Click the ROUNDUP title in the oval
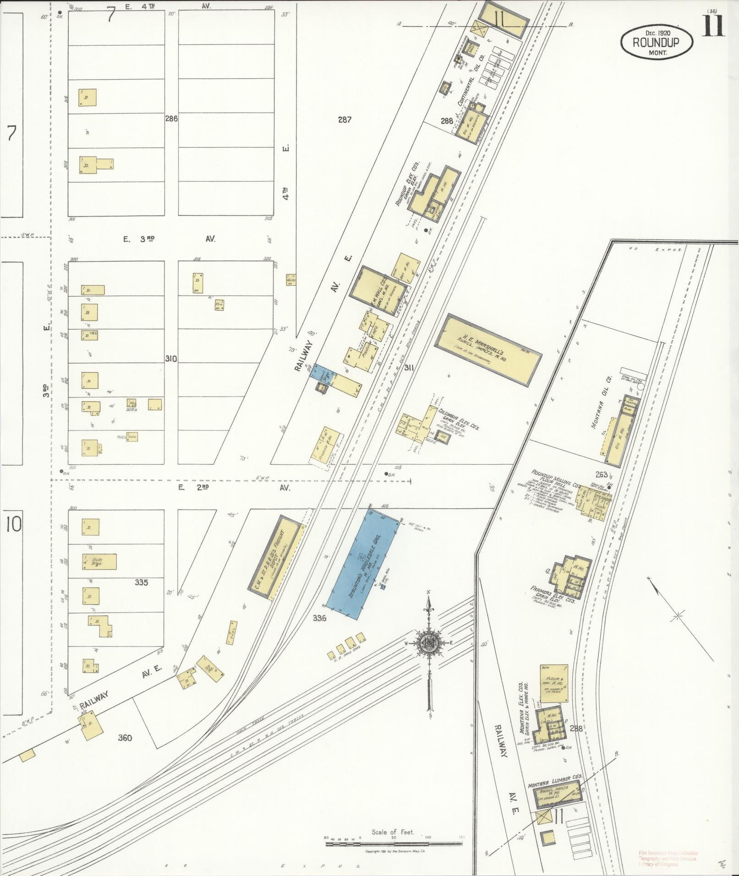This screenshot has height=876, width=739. pyautogui.click(x=656, y=42)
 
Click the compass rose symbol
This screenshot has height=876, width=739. pyautogui.click(x=429, y=642)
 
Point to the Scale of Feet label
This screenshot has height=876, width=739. pyautogui.click(x=393, y=831)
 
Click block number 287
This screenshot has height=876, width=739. pyautogui.click(x=345, y=120)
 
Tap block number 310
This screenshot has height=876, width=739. pyautogui.click(x=171, y=358)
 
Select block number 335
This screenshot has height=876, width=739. pyautogui.click(x=142, y=582)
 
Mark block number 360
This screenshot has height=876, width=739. pyautogui.click(x=125, y=737)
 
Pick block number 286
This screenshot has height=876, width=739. pyautogui.click(x=171, y=118)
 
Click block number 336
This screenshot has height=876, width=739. pyautogui.click(x=319, y=618)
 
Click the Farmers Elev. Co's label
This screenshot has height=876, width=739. pyautogui.click(x=553, y=594)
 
